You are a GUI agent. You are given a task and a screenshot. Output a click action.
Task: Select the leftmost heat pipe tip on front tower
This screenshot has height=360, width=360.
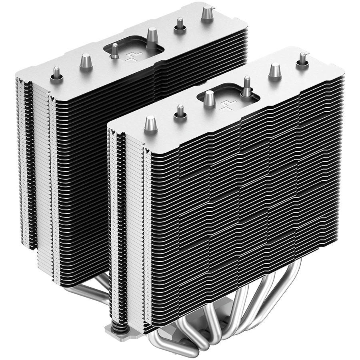(150, 124)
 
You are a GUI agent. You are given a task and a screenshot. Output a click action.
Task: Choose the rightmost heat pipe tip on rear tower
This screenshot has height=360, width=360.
(207, 13)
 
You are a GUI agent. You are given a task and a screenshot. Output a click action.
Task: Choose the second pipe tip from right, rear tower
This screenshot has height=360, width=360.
(178, 26)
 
